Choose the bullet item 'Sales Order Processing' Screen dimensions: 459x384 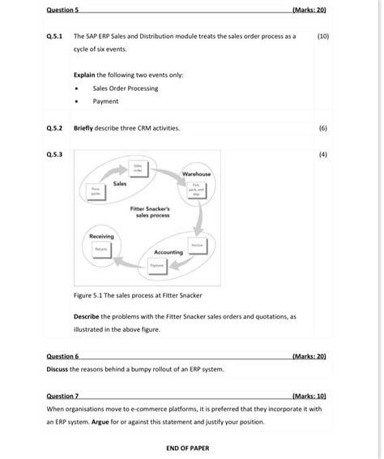point(126,88)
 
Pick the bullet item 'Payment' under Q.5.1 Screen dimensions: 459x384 point(105,101)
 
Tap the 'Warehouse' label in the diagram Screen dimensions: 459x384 point(197,174)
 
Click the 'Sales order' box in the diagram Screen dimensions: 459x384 point(139,167)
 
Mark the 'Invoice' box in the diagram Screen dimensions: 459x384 point(197,245)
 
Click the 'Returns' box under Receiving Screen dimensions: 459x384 point(100,248)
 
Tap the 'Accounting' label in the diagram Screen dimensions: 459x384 point(169,252)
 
